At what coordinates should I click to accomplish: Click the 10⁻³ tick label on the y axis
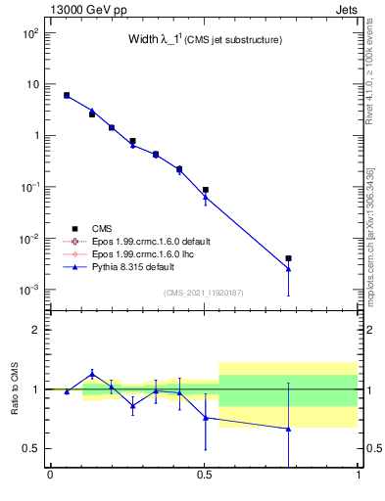[29, 291]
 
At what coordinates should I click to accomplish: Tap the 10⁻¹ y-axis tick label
[29, 188]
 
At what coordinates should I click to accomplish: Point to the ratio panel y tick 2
[35, 331]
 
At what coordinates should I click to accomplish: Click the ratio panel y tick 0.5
[31, 449]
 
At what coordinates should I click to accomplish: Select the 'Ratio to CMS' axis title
[14, 389]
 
